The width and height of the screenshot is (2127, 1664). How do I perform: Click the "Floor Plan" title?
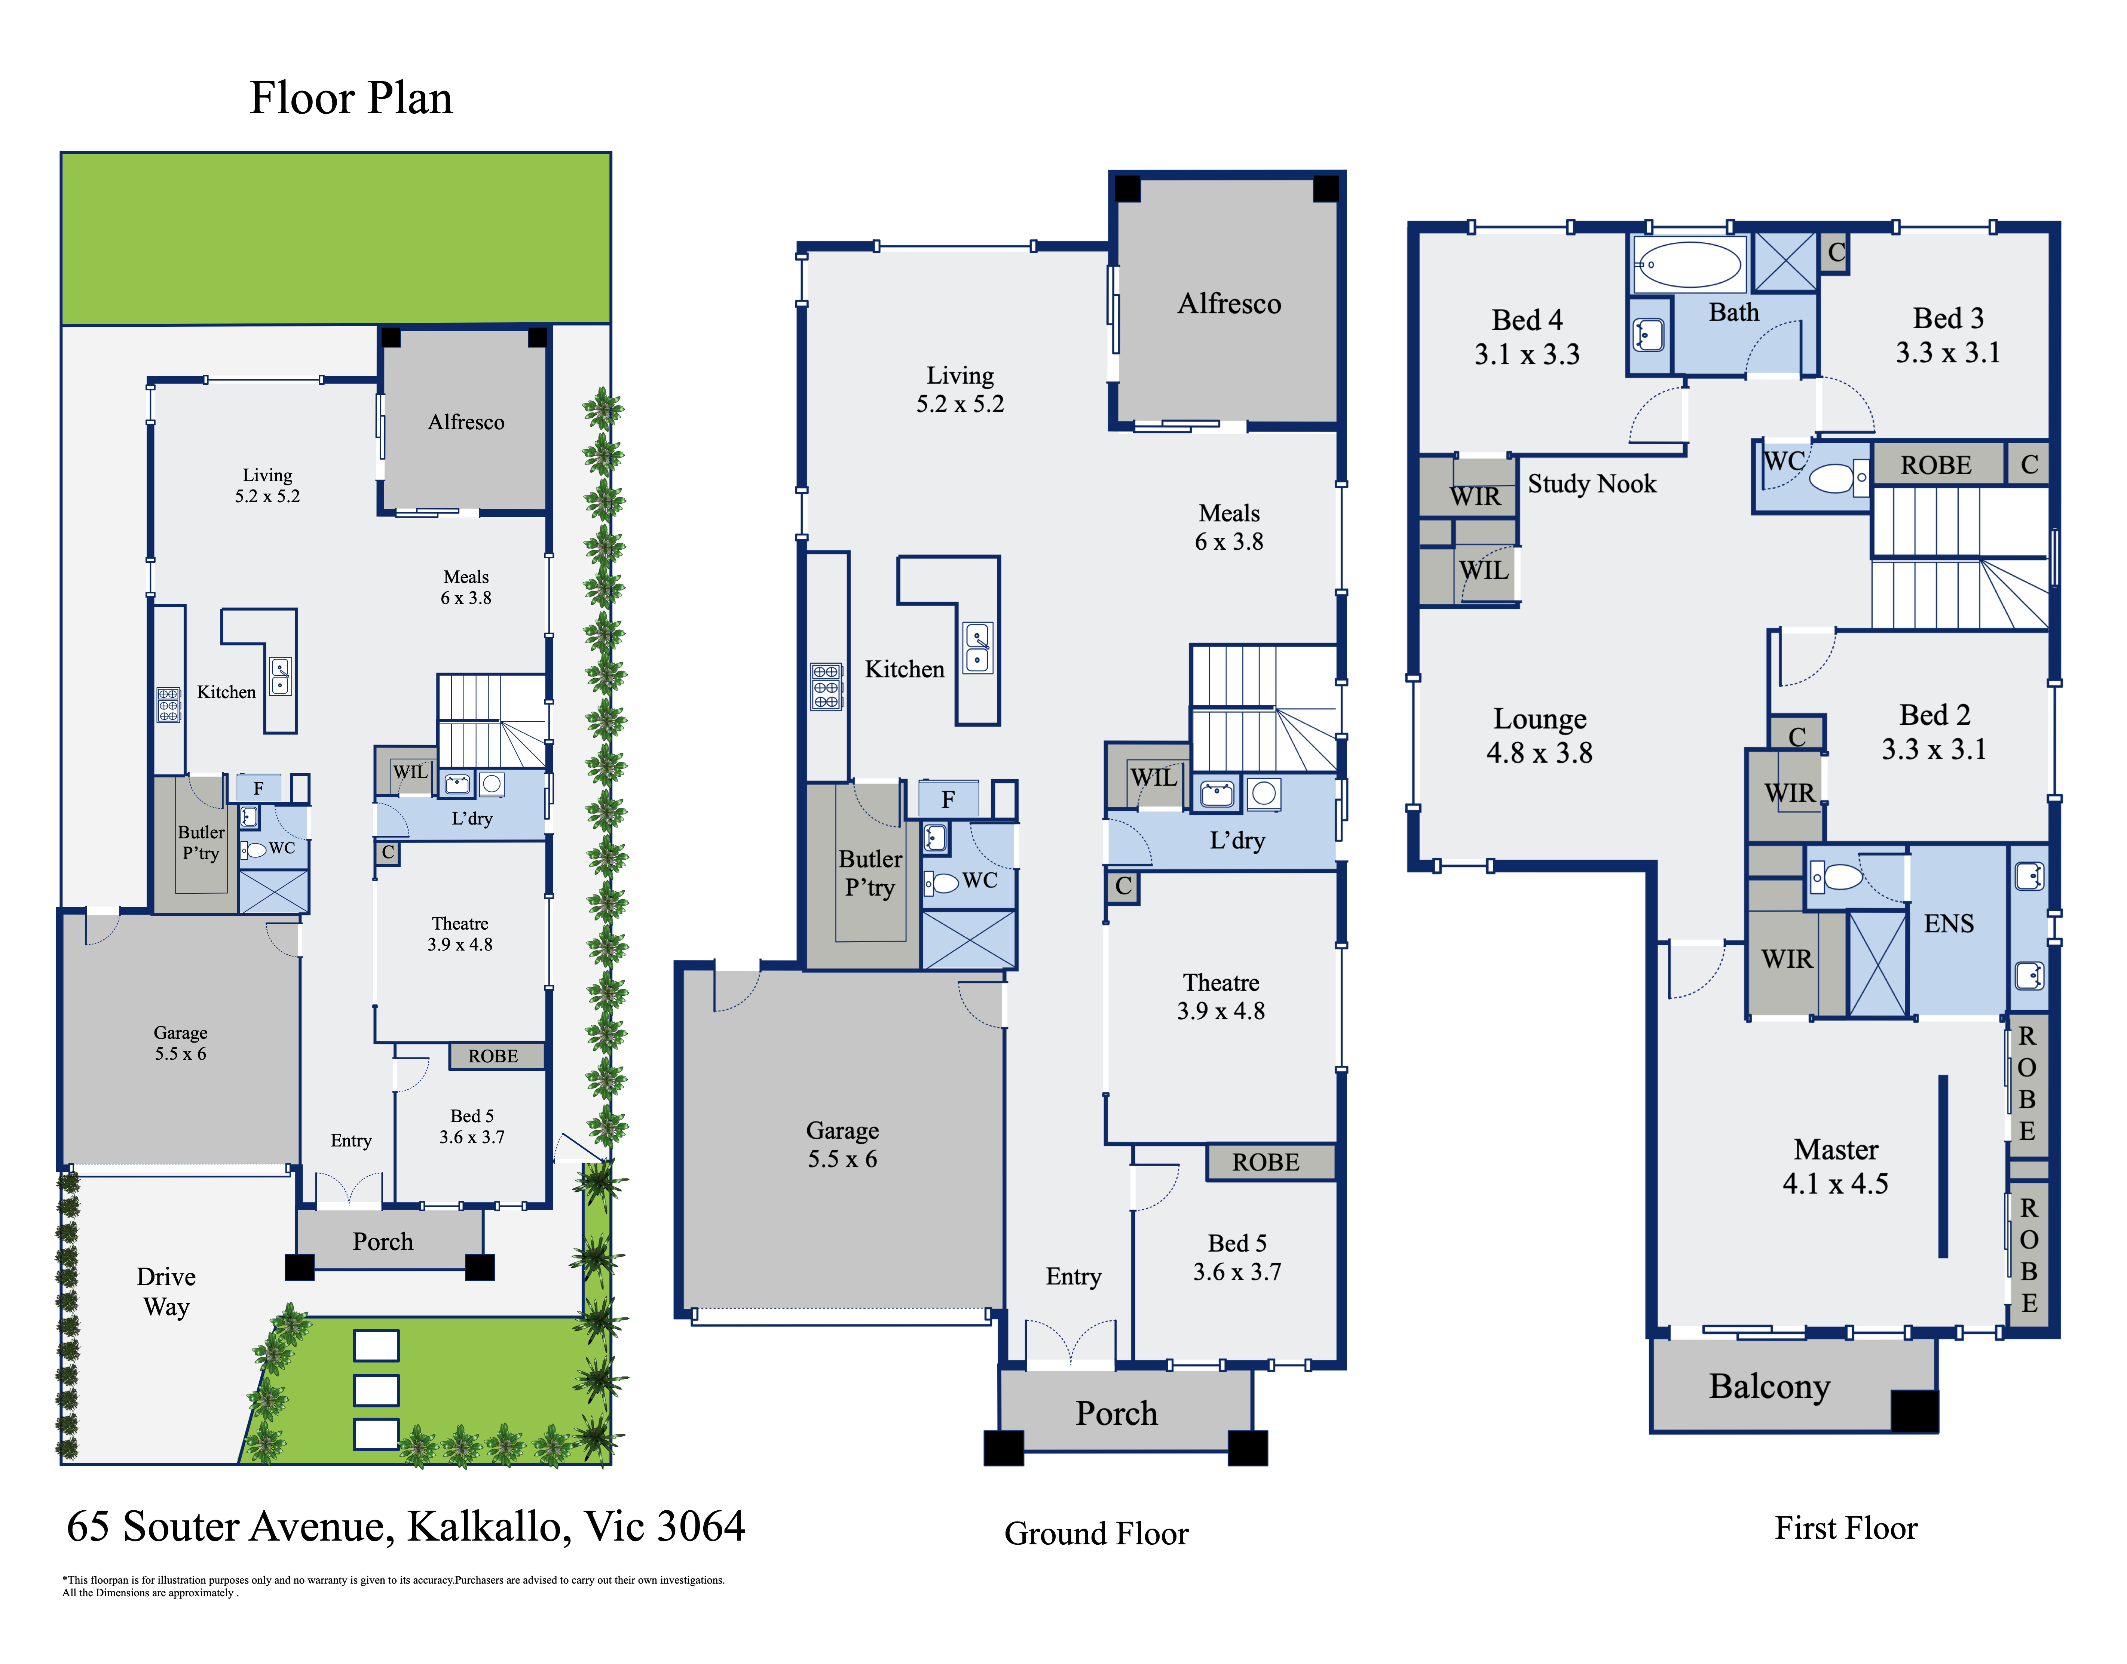click(351, 98)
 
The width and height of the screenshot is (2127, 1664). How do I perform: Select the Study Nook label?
click(1591, 484)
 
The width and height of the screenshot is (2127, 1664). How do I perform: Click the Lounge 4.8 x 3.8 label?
click(1539, 736)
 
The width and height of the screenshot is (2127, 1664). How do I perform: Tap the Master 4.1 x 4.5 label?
click(1836, 1166)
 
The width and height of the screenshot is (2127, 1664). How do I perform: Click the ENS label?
click(1949, 924)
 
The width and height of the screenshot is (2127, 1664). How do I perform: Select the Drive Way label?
click(166, 1292)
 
